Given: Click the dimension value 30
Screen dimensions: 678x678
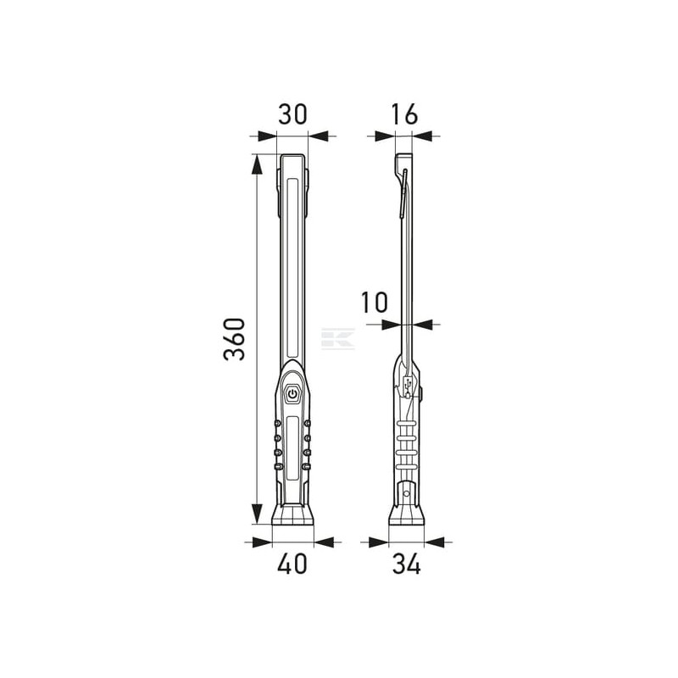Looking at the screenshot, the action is (292, 114).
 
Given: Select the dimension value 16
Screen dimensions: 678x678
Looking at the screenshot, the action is (405, 114).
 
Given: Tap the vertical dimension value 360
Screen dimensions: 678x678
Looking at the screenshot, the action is (235, 340).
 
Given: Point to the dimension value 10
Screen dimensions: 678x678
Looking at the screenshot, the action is (375, 303).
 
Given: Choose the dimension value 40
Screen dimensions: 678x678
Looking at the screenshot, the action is (292, 564).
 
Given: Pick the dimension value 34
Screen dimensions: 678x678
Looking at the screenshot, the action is (407, 564).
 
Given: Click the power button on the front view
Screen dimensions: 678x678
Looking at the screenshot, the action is (292, 394).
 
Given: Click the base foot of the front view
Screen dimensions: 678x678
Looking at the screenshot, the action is (292, 514).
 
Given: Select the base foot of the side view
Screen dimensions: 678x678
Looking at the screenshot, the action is (407, 514).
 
